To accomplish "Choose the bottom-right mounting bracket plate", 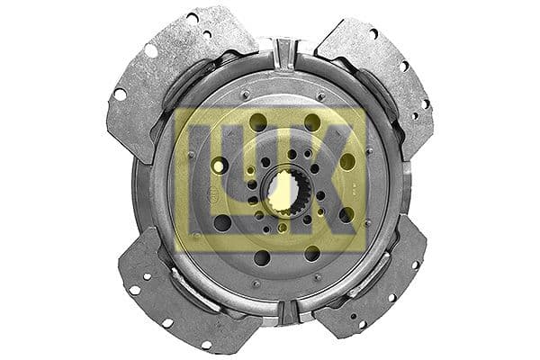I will click(382, 283).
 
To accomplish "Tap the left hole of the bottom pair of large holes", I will click(262, 258).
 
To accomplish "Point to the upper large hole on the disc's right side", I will click(347, 162).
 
